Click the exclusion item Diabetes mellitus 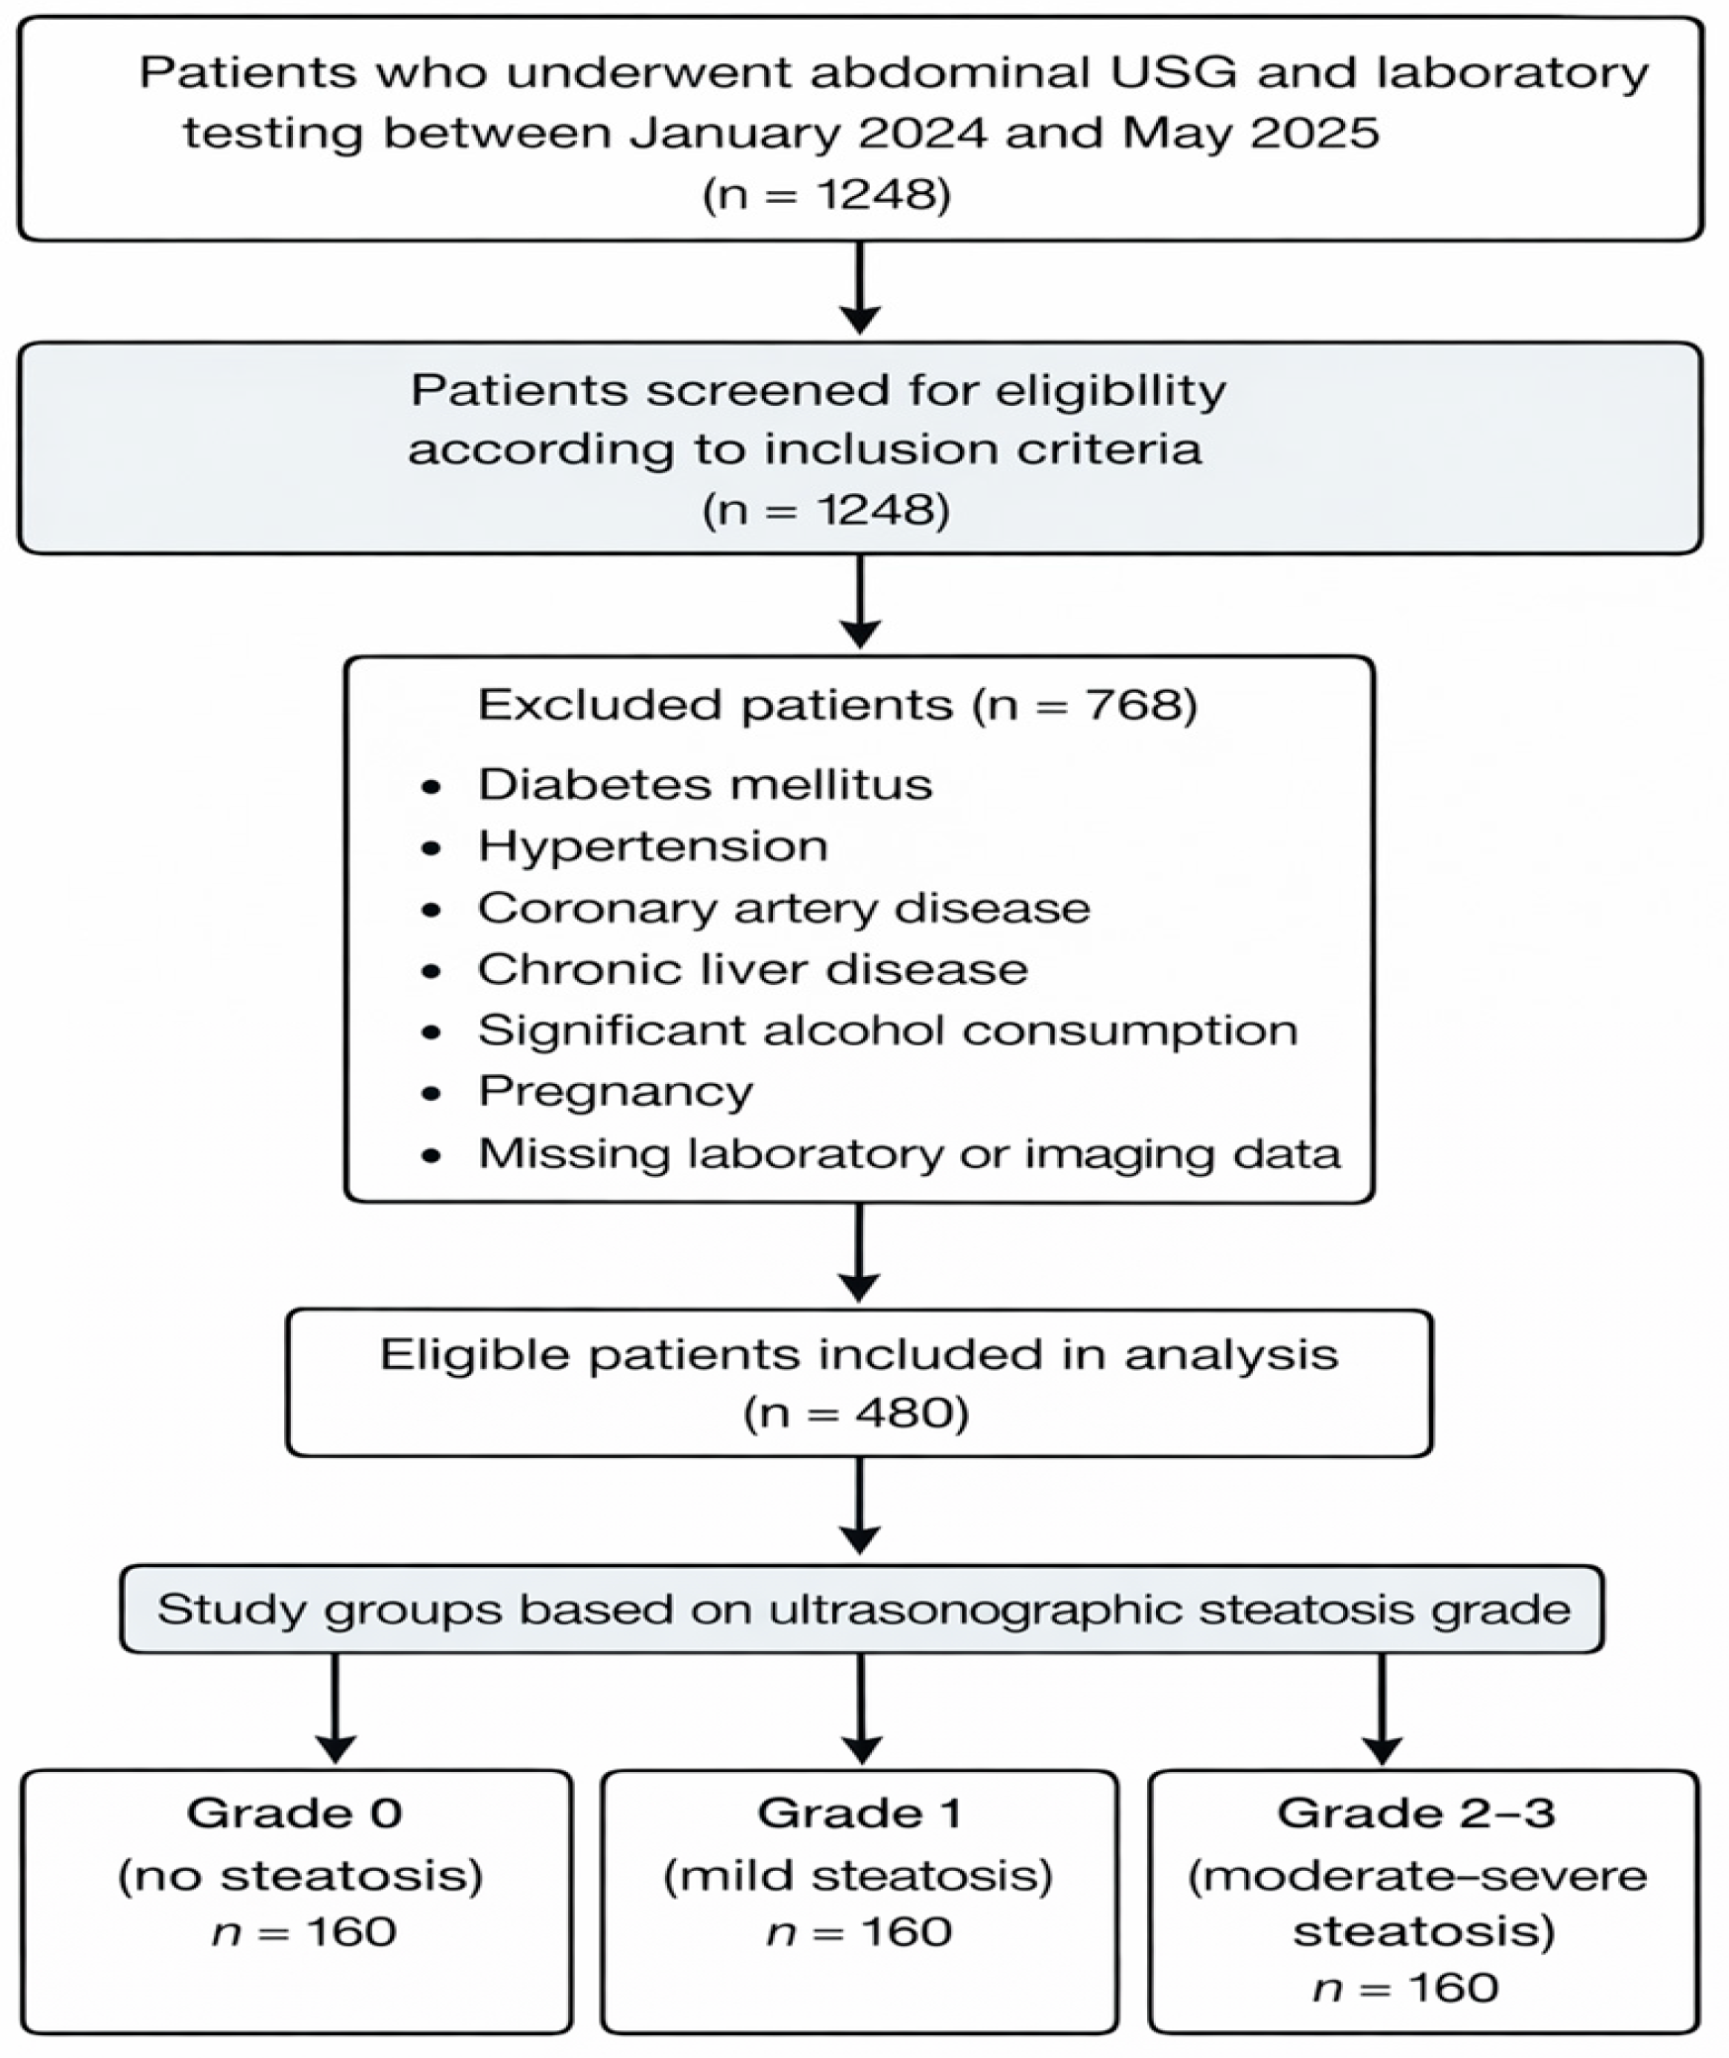[x=705, y=784]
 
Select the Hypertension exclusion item [x=653, y=847]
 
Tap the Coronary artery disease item [x=784, y=908]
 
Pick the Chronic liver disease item [x=752, y=969]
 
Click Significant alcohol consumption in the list [x=888, y=1030]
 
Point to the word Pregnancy [x=616, y=1093]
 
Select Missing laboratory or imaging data [x=910, y=1154]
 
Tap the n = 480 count [x=856, y=1413]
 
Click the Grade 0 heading [x=294, y=1813]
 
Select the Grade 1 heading [x=859, y=1813]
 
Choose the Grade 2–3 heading [x=1415, y=1813]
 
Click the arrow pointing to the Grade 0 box [x=336, y=1709]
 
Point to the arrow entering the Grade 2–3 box [x=1382, y=1709]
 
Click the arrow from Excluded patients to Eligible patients [x=859, y=1253]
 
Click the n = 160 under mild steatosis [x=859, y=1931]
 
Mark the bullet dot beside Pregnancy [x=431, y=1094]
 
